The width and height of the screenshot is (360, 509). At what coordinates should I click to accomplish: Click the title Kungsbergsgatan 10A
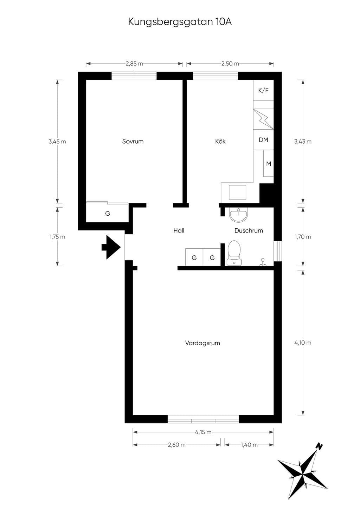180,22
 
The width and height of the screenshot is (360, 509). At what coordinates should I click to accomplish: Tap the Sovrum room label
133,141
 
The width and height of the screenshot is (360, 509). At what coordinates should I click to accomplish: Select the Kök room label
220,141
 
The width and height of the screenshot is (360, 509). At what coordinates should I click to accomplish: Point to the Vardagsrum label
202,343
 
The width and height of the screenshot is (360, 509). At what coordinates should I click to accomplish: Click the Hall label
179,231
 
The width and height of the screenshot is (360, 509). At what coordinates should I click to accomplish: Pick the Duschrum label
249,231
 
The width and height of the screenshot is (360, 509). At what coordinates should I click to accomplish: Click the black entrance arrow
111,247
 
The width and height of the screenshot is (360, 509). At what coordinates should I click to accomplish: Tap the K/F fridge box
263,90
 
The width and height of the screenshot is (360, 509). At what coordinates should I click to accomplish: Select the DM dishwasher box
263,139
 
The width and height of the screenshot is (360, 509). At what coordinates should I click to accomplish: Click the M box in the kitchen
269,163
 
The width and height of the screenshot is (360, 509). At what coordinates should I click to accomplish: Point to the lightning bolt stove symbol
263,119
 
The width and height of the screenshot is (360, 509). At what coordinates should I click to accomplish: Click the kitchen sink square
237,192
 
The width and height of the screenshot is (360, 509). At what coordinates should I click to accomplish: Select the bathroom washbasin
238,215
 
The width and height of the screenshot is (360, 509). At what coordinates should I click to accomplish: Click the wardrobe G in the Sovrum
108,213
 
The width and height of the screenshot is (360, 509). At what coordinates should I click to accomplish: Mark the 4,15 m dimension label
203,432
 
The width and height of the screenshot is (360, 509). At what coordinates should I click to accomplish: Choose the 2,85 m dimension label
134,64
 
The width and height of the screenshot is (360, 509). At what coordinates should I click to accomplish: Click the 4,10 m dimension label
303,342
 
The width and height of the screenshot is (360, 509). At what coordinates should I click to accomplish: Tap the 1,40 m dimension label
249,445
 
